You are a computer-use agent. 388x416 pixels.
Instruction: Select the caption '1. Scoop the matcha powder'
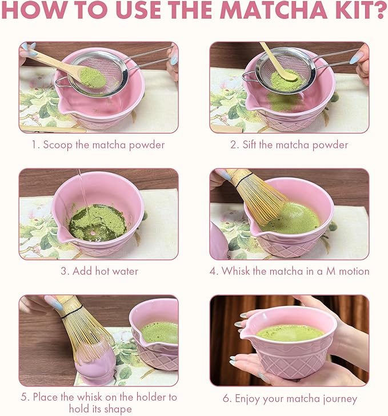(x=98, y=144)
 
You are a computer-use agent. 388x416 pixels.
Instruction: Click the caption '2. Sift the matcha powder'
(x=289, y=144)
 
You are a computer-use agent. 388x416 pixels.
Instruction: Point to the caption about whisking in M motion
(x=289, y=271)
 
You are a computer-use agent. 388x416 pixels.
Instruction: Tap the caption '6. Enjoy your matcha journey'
(x=289, y=398)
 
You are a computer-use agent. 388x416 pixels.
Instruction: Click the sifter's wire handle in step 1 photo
(x=149, y=60)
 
